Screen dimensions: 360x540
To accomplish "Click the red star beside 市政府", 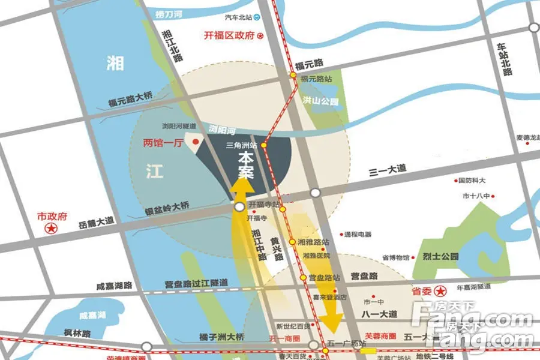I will [53, 228].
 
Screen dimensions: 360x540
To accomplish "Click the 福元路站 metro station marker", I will [293, 76].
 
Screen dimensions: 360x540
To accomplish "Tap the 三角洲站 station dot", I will [263, 145].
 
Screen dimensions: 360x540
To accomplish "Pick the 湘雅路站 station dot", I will [292, 242].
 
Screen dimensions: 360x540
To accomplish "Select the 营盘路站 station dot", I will [304, 277].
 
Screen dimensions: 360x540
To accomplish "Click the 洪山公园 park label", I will [320, 101].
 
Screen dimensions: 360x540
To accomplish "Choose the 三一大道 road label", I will [388, 171].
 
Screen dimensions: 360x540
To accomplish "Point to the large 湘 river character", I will [115, 63].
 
